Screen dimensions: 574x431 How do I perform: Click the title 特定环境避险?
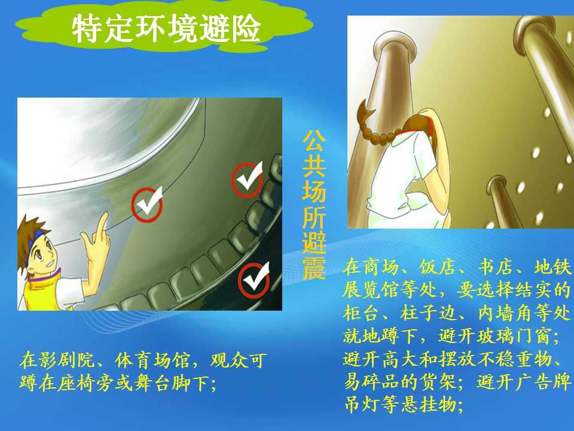point(166,29)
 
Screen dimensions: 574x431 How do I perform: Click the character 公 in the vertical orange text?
point(314,141)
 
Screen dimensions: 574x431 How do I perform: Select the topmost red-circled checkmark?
point(248,180)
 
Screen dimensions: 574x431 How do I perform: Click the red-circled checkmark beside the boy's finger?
point(147,204)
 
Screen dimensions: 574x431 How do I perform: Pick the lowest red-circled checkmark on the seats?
point(254,280)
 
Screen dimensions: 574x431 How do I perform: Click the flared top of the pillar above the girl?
point(395,42)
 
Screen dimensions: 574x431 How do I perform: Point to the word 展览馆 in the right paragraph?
point(371,290)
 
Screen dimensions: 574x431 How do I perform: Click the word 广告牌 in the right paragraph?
point(543,382)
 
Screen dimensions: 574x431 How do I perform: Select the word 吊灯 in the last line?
point(362,405)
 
